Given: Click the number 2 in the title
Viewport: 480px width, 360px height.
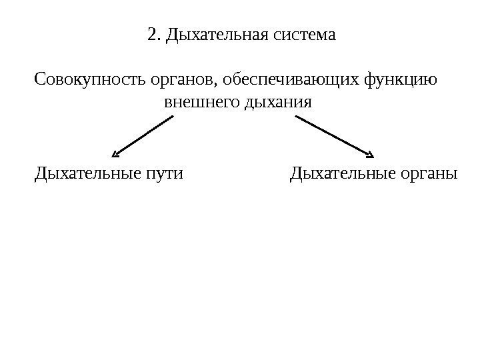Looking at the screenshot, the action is click(x=151, y=34).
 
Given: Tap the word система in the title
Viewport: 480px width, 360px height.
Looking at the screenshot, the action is click(x=307, y=34).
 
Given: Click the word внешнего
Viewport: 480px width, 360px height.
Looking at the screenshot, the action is click(x=193, y=104).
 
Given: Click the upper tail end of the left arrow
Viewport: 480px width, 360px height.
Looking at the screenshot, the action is click(x=171, y=118).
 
